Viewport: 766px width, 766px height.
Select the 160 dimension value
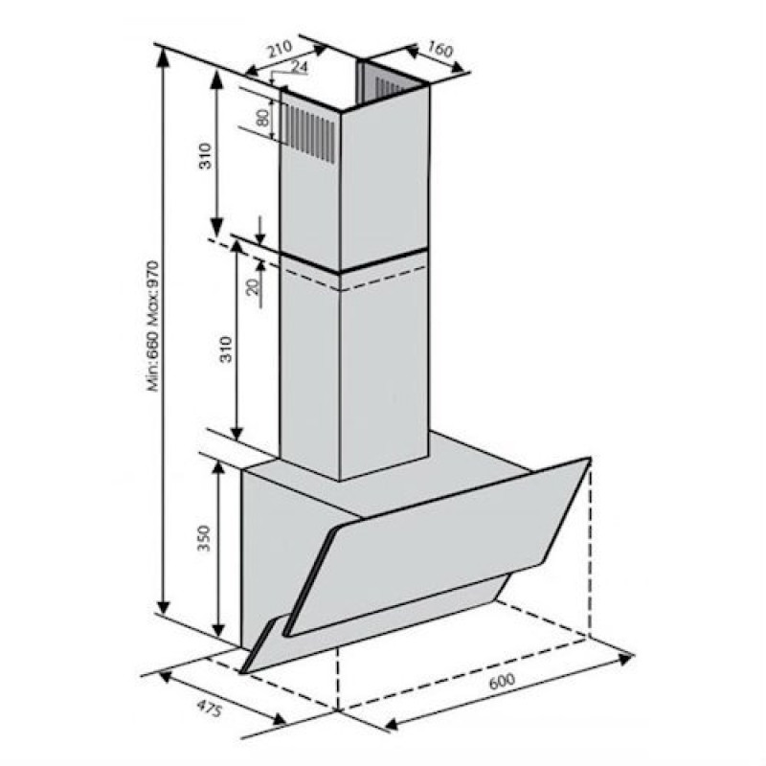pos(440,49)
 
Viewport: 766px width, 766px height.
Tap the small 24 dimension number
pos(299,67)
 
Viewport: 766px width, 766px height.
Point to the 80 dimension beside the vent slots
pos(262,118)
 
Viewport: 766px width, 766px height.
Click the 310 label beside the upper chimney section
pos(206,156)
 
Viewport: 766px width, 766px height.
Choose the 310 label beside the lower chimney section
pos(225,349)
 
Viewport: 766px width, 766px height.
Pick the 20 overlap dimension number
pos(253,286)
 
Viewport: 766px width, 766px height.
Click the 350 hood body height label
pos(203,538)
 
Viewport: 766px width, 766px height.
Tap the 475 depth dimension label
pos(210,708)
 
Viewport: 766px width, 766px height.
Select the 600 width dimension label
pos(502,681)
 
